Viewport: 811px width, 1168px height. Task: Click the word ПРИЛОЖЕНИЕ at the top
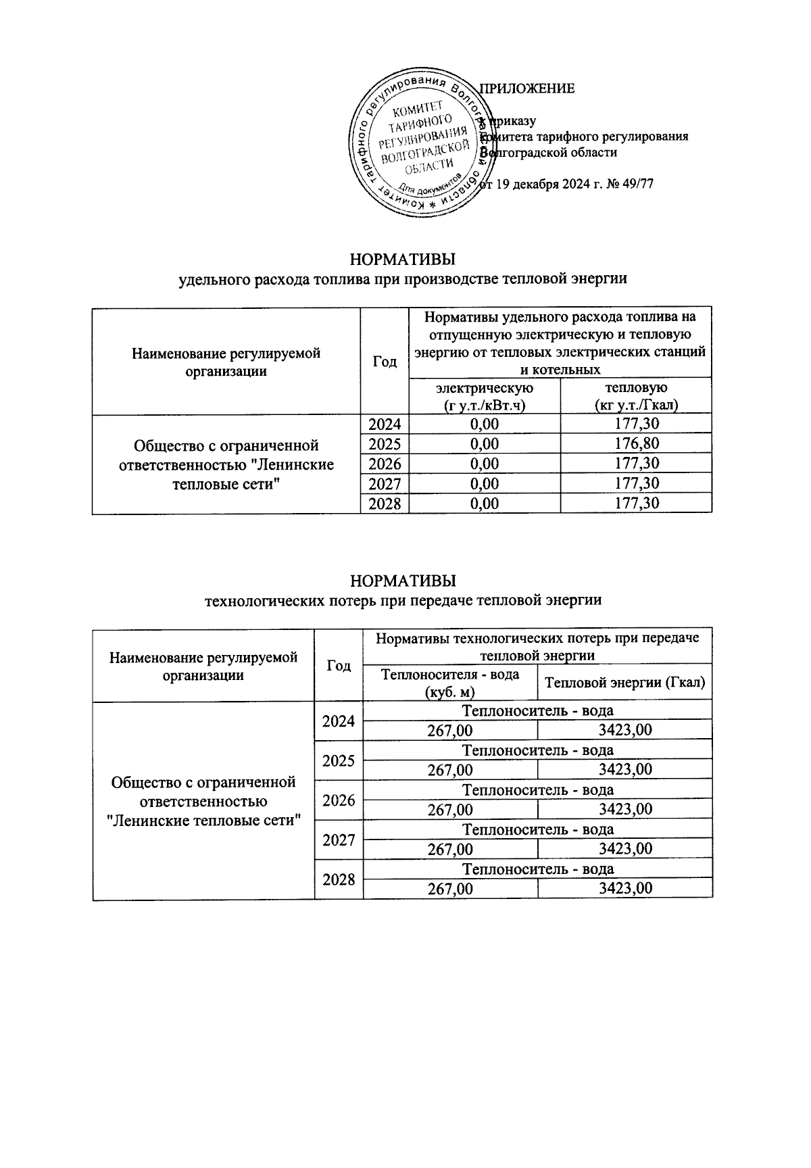tap(527, 89)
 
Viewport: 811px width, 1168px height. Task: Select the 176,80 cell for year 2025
tap(635, 444)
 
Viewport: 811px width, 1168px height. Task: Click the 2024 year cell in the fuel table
tap(385, 424)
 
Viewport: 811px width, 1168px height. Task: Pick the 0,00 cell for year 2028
tap(485, 504)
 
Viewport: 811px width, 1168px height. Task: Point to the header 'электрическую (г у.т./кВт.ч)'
tap(485, 396)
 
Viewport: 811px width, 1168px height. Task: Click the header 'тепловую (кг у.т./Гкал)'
tap(635, 396)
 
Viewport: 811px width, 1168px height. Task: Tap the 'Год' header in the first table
tap(385, 362)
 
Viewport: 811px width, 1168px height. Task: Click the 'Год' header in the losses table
tap(339, 666)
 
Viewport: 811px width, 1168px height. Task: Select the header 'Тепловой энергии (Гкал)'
tap(624, 683)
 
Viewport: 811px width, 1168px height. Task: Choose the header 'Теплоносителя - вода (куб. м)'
tap(450, 683)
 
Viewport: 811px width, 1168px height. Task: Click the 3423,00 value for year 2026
tap(625, 810)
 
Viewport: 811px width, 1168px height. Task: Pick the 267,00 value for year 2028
tap(450, 889)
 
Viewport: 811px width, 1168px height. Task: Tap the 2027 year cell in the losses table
tap(339, 840)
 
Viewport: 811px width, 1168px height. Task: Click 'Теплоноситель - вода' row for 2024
tap(537, 710)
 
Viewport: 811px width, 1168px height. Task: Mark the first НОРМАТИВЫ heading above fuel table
tap(403, 260)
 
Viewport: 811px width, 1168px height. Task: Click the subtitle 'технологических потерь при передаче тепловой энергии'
tap(403, 600)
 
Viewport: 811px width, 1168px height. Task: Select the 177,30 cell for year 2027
tap(635, 484)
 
